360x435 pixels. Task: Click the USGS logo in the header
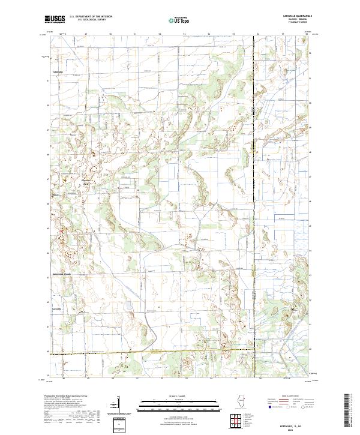click(x=55, y=19)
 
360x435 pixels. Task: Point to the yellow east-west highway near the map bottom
click(x=150, y=352)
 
